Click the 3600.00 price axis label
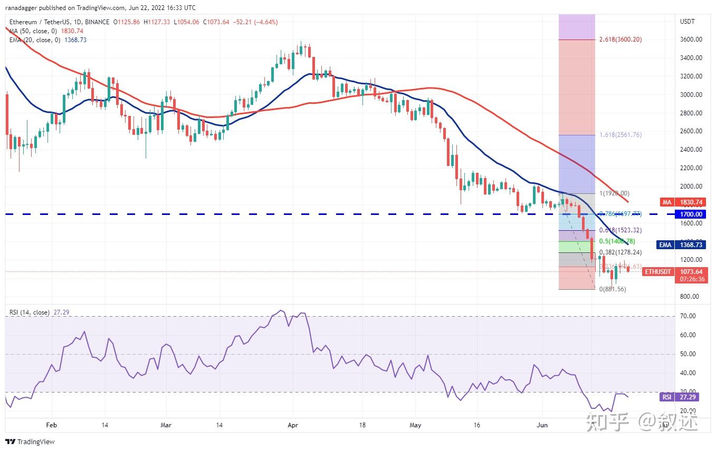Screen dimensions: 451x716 coord(691,40)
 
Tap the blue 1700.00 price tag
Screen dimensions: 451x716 coord(691,214)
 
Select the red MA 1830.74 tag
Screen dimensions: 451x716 coord(680,202)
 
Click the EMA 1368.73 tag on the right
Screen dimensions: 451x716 coord(680,245)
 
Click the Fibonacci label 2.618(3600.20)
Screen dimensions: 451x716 coord(620,40)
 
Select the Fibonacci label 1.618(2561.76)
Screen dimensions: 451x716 coord(620,135)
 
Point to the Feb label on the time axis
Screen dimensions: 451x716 coord(51,425)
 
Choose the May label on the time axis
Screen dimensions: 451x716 coord(415,425)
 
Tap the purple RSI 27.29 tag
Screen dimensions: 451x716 coord(680,397)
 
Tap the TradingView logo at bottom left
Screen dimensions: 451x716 coord(30,442)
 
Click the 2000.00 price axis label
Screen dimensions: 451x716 coord(691,187)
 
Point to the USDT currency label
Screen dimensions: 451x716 coord(688,22)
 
